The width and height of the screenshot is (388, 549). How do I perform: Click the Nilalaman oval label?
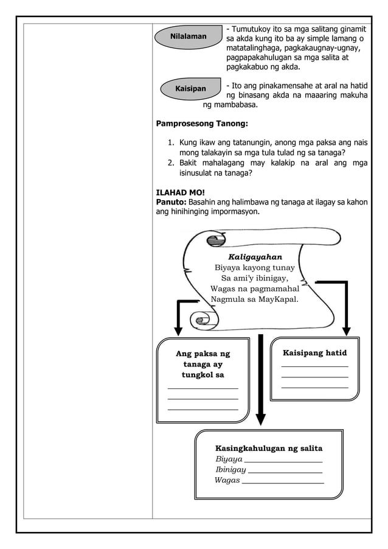coord(188,37)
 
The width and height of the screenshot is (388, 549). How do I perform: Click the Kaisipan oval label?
coord(190,89)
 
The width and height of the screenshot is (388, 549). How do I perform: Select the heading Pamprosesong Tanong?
coord(202,124)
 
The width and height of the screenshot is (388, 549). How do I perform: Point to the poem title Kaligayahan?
coord(255,257)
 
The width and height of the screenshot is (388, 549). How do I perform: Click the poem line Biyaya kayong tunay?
coord(255,268)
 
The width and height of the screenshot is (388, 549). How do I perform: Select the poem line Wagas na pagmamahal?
coord(255,288)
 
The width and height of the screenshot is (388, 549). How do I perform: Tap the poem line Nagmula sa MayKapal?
coord(255,299)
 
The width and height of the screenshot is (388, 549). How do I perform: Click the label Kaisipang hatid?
coord(314,353)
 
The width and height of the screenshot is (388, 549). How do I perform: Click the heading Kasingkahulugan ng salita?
coord(269,449)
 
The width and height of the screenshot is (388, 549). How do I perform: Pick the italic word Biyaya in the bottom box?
coord(229,459)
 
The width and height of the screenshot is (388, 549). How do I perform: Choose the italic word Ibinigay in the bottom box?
coord(230,469)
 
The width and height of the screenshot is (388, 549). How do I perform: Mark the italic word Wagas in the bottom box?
coord(227,480)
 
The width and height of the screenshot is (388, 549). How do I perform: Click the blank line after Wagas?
coord(283,483)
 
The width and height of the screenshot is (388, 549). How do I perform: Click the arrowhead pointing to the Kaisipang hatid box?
coord(346,330)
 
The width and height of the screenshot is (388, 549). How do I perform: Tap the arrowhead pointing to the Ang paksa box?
coord(178,330)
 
